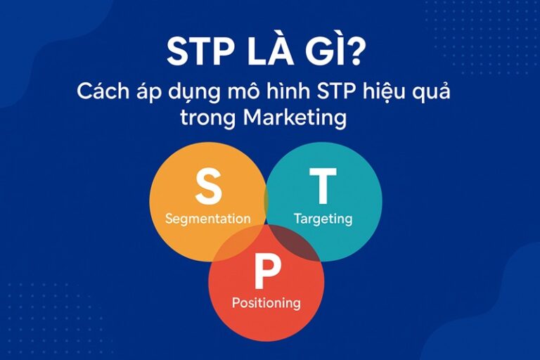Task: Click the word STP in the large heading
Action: point(200,53)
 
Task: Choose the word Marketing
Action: point(295,119)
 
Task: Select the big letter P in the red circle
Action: point(266,274)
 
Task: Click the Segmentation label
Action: point(207,219)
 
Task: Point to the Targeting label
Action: point(323,219)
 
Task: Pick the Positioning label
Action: point(266,304)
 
